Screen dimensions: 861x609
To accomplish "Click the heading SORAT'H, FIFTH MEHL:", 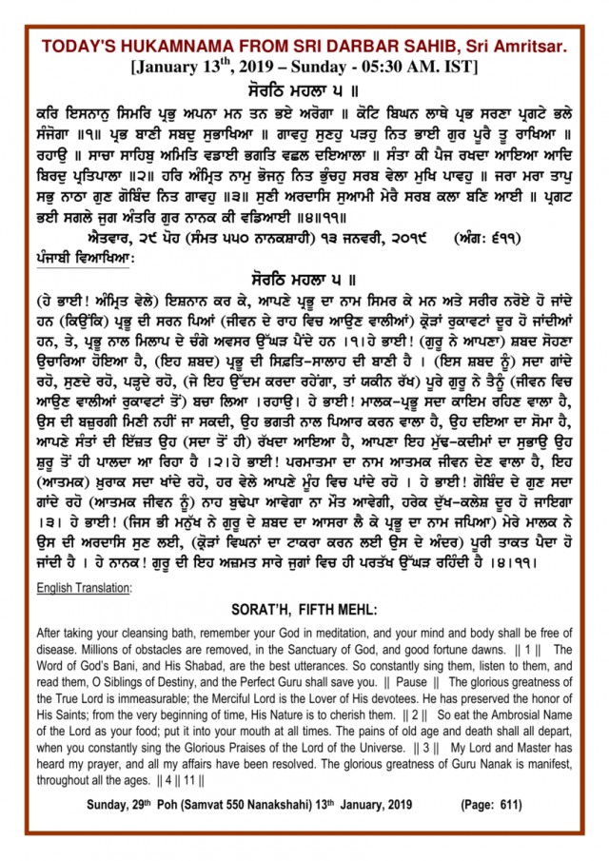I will click(x=304, y=610).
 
